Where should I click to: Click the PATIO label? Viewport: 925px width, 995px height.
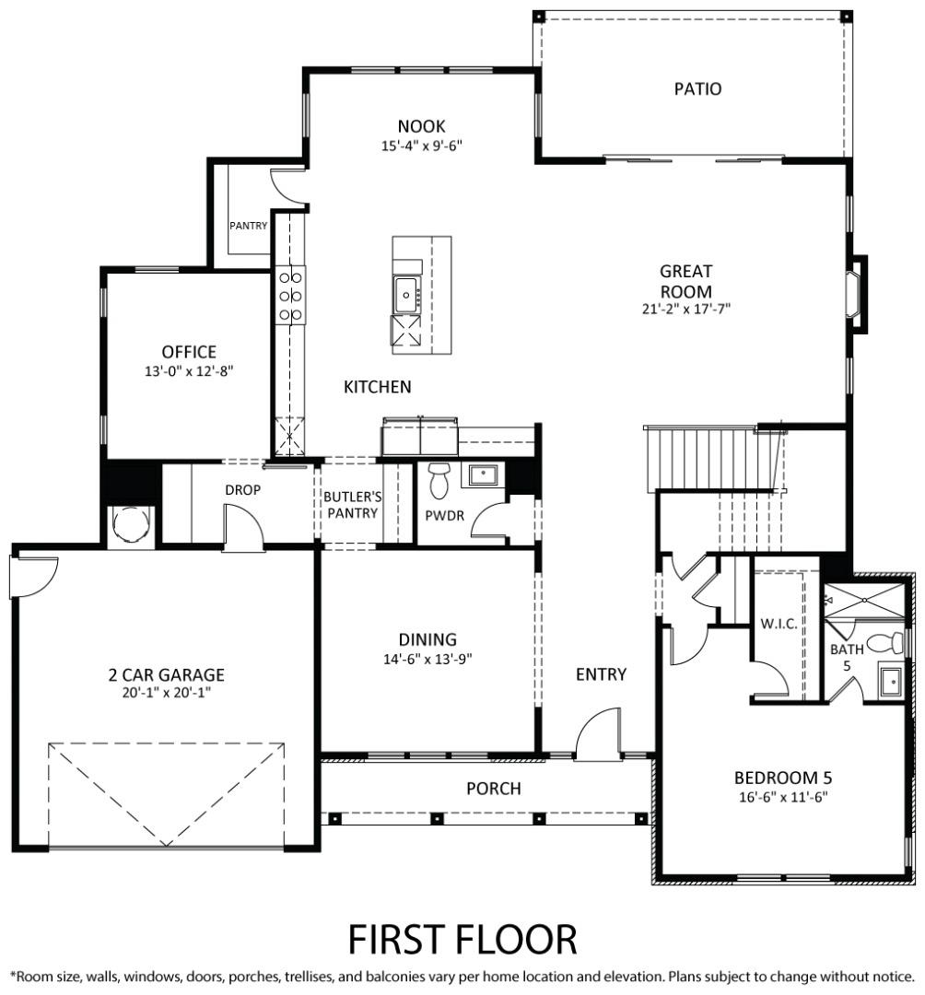tap(697, 88)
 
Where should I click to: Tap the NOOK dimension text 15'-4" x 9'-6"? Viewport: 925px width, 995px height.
tap(421, 146)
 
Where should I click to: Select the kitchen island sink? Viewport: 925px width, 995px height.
tap(406, 295)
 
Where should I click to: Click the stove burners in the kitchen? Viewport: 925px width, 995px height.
tap(290, 296)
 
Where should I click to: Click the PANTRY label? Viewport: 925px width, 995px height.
tap(248, 226)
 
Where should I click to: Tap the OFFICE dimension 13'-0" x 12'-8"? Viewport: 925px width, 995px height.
tap(189, 371)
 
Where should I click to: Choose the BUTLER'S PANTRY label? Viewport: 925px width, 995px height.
tap(352, 505)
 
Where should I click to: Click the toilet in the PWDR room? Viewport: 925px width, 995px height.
tap(439, 480)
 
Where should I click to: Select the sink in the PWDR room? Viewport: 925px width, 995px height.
tap(483, 474)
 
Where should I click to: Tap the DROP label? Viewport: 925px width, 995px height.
tap(243, 490)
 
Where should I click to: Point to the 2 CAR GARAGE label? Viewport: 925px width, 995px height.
tap(166, 673)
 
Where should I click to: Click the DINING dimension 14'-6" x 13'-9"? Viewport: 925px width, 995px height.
tap(427, 659)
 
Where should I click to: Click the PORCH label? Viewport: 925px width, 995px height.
tap(494, 788)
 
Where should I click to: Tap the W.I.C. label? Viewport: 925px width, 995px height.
tap(779, 624)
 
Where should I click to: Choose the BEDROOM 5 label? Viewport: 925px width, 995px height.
tap(783, 778)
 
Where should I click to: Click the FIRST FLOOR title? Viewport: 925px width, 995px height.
tap(462, 939)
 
